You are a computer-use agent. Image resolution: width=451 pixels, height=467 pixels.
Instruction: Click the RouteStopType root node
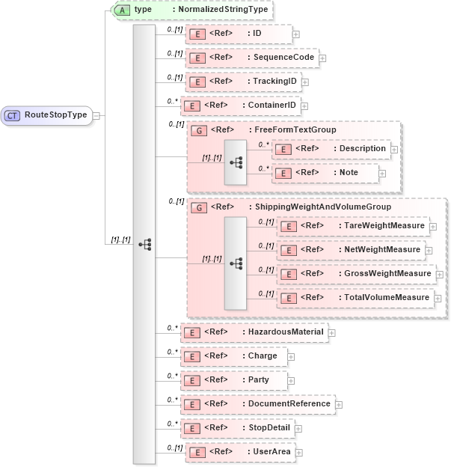pyautogui.click(x=46, y=115)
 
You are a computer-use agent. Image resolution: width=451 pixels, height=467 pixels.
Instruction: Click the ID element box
pyautogui.click(x=237, y=34)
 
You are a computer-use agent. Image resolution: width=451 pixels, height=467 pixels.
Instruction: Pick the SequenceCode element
pyautogui.click(x=251, y=57)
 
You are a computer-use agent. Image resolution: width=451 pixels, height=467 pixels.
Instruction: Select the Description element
pyautogui.click(x=331, y=148)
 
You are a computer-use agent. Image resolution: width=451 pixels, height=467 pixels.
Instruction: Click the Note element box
pyautogui.click(x=328, y=173)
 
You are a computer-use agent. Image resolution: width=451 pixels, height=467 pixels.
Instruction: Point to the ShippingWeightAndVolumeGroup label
pyautogui.click(x=290, y=207)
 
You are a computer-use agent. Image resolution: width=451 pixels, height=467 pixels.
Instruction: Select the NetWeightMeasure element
pyautogui.click(x=352, y=249)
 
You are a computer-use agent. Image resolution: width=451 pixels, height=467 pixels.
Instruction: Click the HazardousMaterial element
pyautogui.click(x=254, y=332)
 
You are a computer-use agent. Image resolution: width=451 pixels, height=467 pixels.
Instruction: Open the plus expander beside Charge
pyautogui.click(x=292, y=356)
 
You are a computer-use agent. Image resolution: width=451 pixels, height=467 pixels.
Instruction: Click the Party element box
pyautogui.click(x=236, y=380)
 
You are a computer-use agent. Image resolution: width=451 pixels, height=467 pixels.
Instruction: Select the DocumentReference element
pyautogui.click(x=258, y=404)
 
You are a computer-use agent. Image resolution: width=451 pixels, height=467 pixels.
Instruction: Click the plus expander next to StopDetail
pyautogui.click(x=298, y=429)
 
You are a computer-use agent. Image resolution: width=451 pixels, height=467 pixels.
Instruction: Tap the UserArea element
pyautogui.click(x=239, y=452)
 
